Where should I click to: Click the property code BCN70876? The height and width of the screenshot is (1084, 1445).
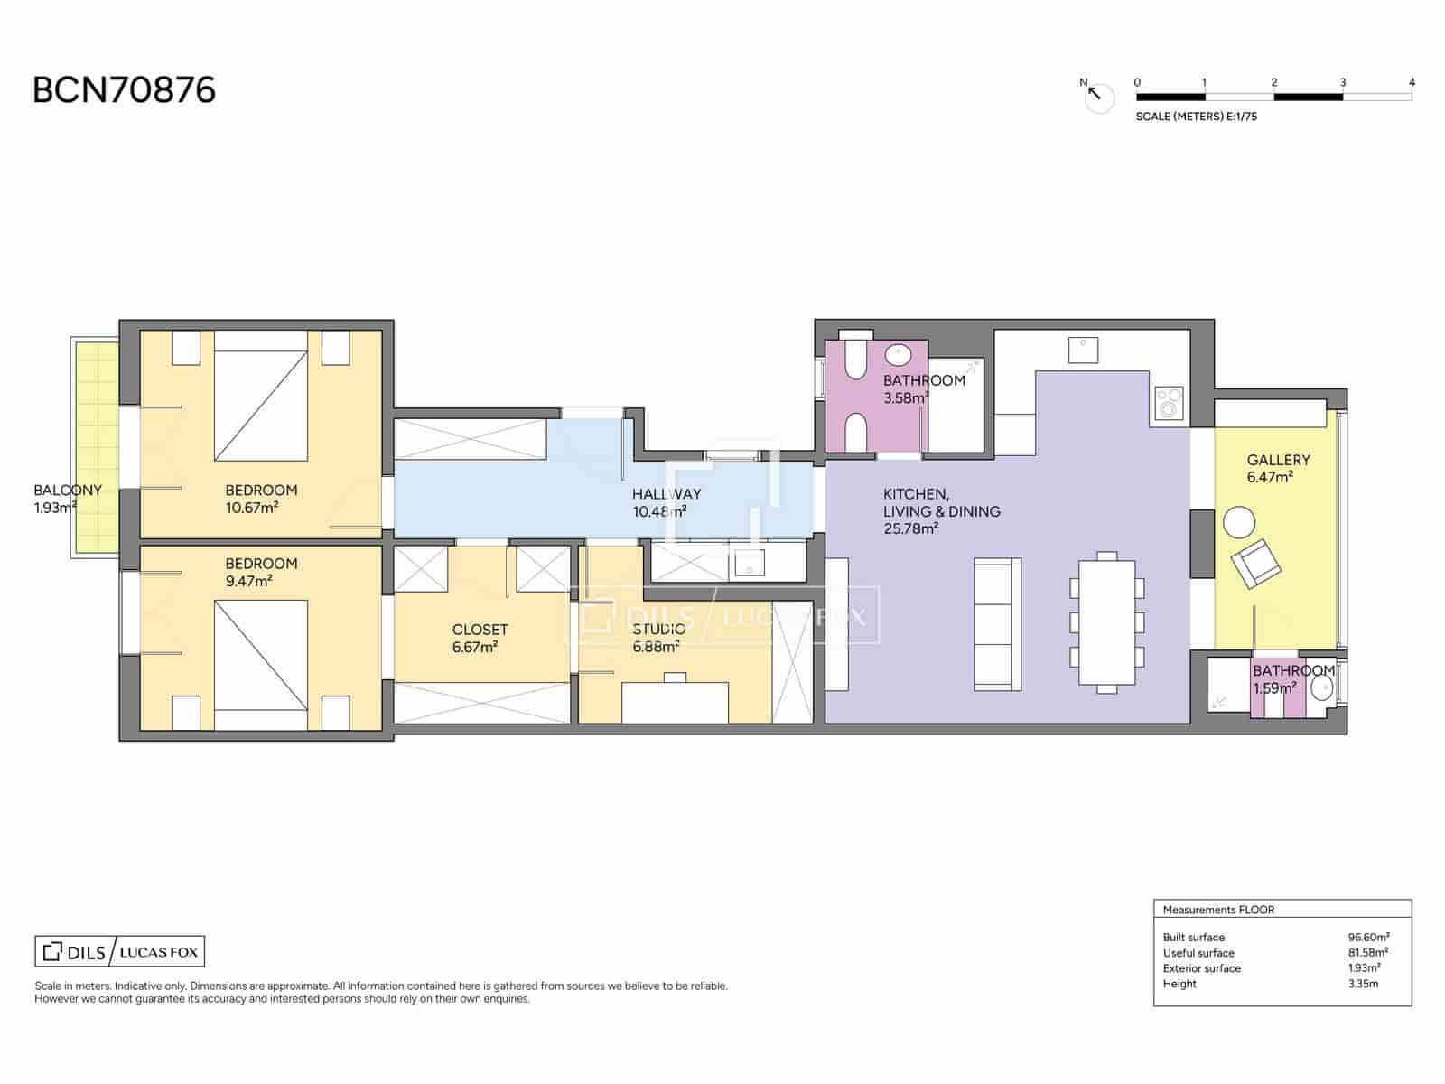coord(124,90)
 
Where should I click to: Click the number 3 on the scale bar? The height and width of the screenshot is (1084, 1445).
coord(1342,82)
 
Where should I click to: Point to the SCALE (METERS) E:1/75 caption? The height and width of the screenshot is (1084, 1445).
coord(1196,117)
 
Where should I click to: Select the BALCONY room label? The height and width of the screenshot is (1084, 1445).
coord(68,491)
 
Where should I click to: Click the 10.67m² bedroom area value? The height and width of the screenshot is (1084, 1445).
coord(251,508)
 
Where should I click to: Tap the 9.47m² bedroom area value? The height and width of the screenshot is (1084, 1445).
coord(249,581)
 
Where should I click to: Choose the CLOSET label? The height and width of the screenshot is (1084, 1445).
coord(480,630)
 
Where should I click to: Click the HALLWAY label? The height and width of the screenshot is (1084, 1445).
coord(667,494)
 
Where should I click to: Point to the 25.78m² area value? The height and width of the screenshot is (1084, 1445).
coord(910,528)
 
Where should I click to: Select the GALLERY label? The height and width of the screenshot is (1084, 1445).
coord(1279,460)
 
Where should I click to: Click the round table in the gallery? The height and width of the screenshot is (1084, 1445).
coord(1239,523)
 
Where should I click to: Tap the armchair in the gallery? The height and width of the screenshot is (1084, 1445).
coord(1256,564)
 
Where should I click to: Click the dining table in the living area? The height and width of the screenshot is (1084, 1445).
coord(1107,622)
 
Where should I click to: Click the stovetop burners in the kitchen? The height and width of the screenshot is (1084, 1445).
coord(1169,403)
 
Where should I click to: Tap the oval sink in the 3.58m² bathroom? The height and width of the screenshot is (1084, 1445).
coord(898,355)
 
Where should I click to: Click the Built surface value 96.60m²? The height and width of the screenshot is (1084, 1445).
coord(1368,938)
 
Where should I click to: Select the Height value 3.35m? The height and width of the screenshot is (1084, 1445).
coord(1363,984)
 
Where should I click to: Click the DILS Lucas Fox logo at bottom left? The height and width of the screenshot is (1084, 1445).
coord(120,952)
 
